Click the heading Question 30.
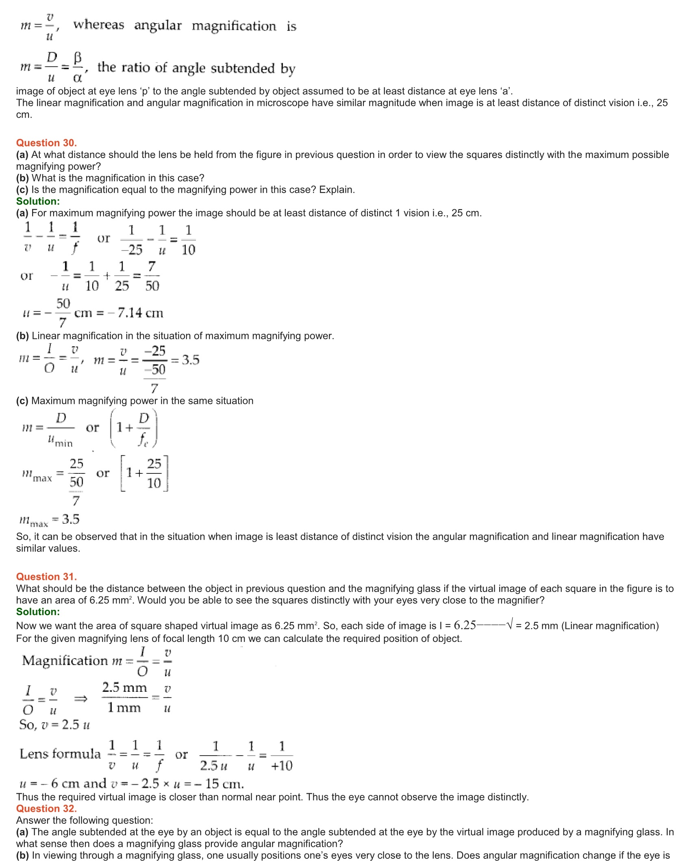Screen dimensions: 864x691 (46, 143)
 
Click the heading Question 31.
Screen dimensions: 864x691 (46, 577)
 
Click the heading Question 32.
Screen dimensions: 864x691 (46, 808)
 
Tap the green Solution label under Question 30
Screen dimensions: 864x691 (38, 201)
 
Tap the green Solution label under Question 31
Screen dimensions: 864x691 (38, 612)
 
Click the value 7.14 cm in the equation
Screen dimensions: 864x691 (140, 313)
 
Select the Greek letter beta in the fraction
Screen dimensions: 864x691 (78, 58)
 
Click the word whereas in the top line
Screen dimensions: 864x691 (99, 25)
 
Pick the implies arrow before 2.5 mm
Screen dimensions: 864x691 (81, 699)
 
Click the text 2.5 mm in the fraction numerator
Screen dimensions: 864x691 (124, 688)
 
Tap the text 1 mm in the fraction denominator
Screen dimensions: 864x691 (124, 708)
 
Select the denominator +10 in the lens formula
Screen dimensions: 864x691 (282, 766)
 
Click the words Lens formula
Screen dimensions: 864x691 (60, 754)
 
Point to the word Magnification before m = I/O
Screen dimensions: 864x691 (65, 661)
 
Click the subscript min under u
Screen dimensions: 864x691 (64, 443)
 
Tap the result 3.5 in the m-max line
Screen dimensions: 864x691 (71, 519)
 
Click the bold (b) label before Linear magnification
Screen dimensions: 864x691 (22, 336)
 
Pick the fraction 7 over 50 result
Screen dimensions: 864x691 (152, 276)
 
